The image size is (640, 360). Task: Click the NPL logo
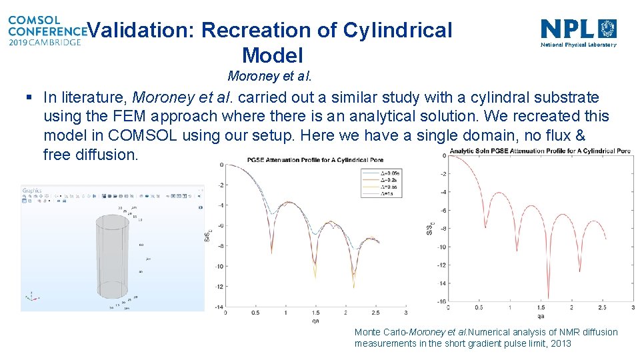click(578, 32)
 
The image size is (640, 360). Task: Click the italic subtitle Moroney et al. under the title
click(270, 75)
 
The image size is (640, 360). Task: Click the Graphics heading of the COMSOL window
click(32, 191)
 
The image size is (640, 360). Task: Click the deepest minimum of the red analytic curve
click(548, 297)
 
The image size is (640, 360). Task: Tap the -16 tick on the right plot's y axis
click(441, 301)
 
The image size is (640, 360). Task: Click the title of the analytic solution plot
click(539, 151)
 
